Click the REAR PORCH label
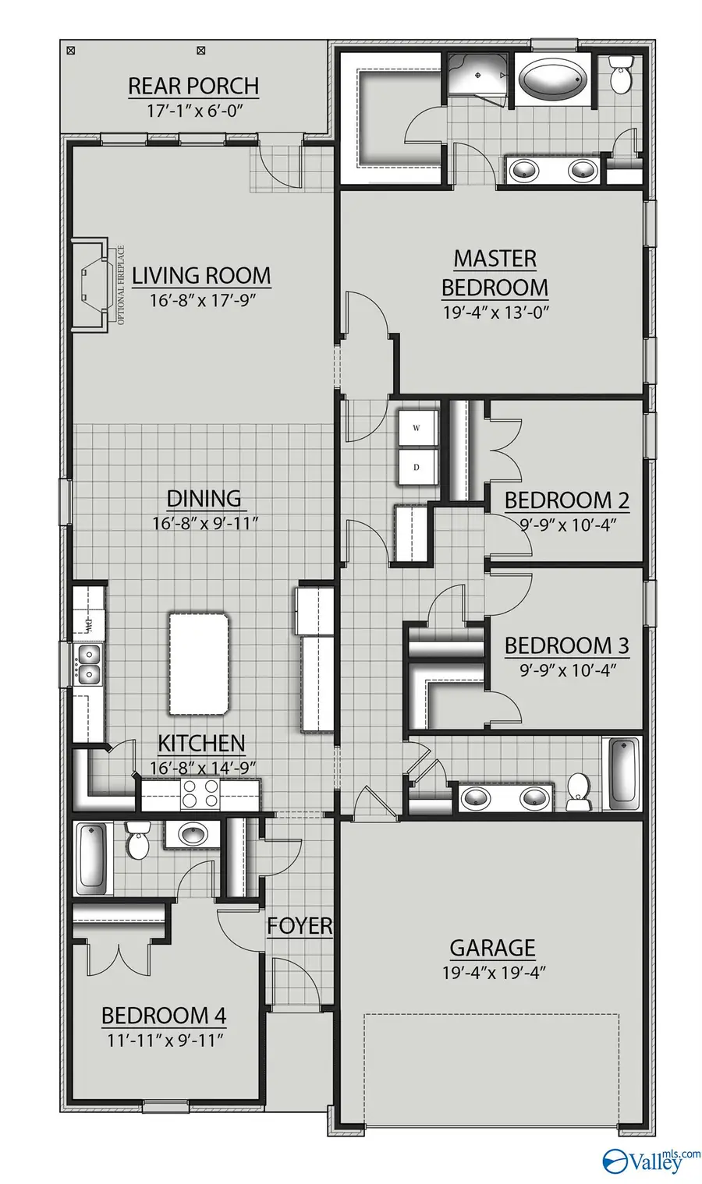pos(193,86)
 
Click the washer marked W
pos(417,428)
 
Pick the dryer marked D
pos(417,467)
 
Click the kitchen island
pos(200,663)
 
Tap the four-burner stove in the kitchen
pos(200,794)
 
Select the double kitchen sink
pos(87,663)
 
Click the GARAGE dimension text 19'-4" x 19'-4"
pos(492,973)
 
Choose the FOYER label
pos(300,926)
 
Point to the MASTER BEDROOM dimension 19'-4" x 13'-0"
pos(495,313)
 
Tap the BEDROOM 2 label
pos(566,500)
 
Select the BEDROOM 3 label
pos(566,645)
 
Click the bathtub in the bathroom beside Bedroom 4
pos(92,860)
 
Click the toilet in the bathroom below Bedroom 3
pos(579,789)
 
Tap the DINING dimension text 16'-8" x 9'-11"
pos(204,523)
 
